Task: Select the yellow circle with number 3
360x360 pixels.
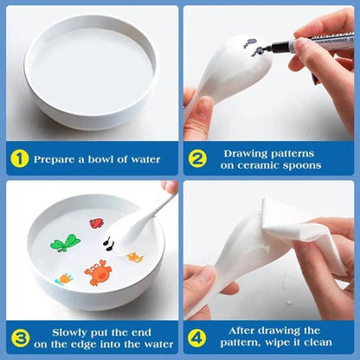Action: pos(20,336)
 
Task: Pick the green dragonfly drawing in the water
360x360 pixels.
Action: pos(65,243)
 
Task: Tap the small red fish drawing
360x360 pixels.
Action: pos(97,222)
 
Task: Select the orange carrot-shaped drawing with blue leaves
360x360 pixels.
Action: pos(64,279)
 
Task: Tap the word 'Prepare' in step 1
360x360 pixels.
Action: pos(59,158)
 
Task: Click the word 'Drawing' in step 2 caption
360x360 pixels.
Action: pos(252,152)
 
